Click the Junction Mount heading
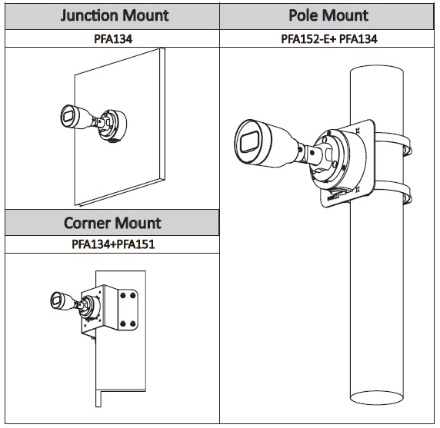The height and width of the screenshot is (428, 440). click(115, 15)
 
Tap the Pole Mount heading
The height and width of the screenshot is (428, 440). click(328, 15)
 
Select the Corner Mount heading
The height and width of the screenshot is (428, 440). click(112, 223)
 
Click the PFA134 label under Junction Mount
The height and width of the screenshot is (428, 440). click(113, 39)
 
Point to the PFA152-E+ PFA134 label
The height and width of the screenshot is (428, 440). click(329, 39)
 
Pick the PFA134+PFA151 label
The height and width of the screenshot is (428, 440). click(113, 244)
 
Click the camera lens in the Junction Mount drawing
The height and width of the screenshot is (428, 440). click(68, 116)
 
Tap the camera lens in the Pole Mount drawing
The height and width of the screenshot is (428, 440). click(249, 142)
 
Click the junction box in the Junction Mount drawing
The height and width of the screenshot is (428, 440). click(113, 125)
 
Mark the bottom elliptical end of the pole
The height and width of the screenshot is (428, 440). click(377, 398)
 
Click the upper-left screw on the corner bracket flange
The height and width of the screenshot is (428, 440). click(123, 295)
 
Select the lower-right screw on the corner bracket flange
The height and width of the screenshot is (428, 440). click(133, 323)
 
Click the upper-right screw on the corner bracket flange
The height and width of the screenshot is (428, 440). click(133, 295)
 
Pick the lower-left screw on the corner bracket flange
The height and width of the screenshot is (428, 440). click(123, 323)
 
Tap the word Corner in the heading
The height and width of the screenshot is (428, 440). click(87, 223)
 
